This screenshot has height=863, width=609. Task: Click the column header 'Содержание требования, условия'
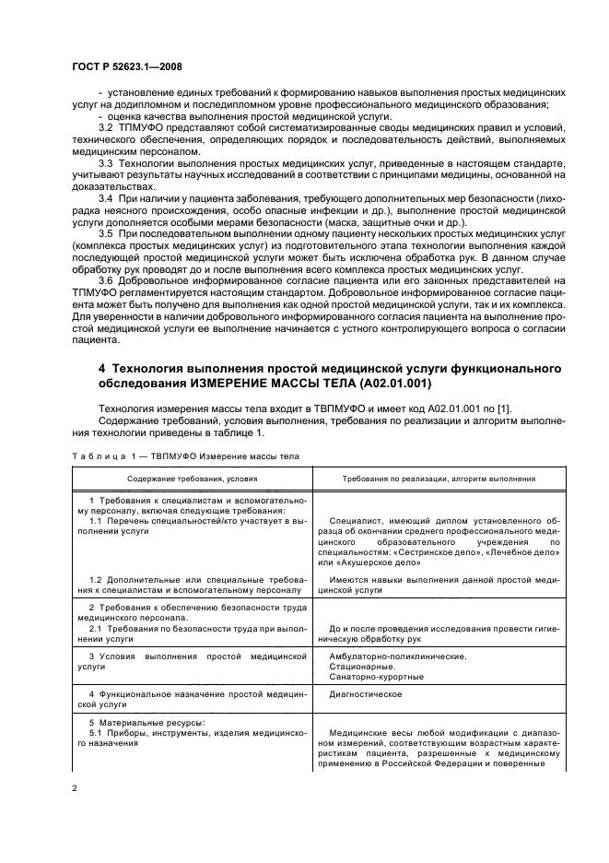(x=193, y=479)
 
